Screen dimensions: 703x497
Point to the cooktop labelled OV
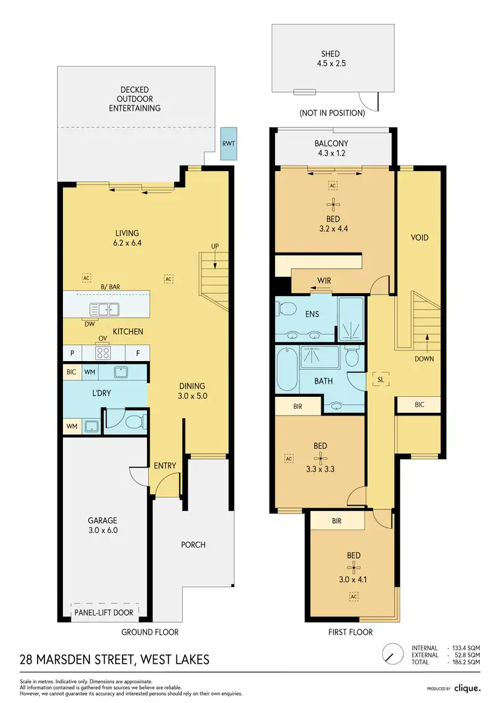pos(103,353)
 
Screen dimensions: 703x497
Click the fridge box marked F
pos(137,353)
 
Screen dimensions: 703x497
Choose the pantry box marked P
pos(72,353)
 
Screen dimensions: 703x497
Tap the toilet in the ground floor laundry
pos(134,421)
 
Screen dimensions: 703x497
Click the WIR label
pos(324,281)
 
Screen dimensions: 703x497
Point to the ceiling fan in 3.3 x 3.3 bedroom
pos(321,457)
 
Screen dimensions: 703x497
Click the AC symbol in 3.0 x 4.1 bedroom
pos(355,596)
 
